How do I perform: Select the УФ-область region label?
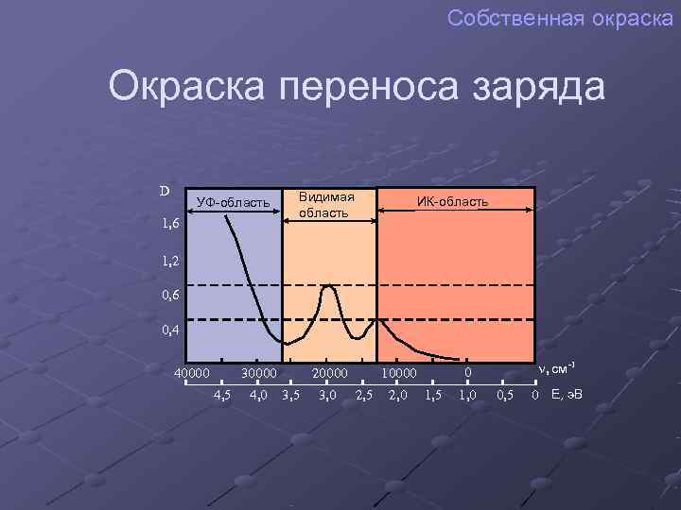233,202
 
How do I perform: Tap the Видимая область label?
326,204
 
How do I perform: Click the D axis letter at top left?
165,191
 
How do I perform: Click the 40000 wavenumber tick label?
192,374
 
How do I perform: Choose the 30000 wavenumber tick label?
259,374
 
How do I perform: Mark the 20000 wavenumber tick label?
331,374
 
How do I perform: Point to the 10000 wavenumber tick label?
398,374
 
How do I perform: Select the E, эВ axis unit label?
565,394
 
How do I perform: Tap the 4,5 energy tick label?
223,394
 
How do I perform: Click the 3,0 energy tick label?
327,394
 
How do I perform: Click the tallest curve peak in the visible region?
327,285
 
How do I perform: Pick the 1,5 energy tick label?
433,394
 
